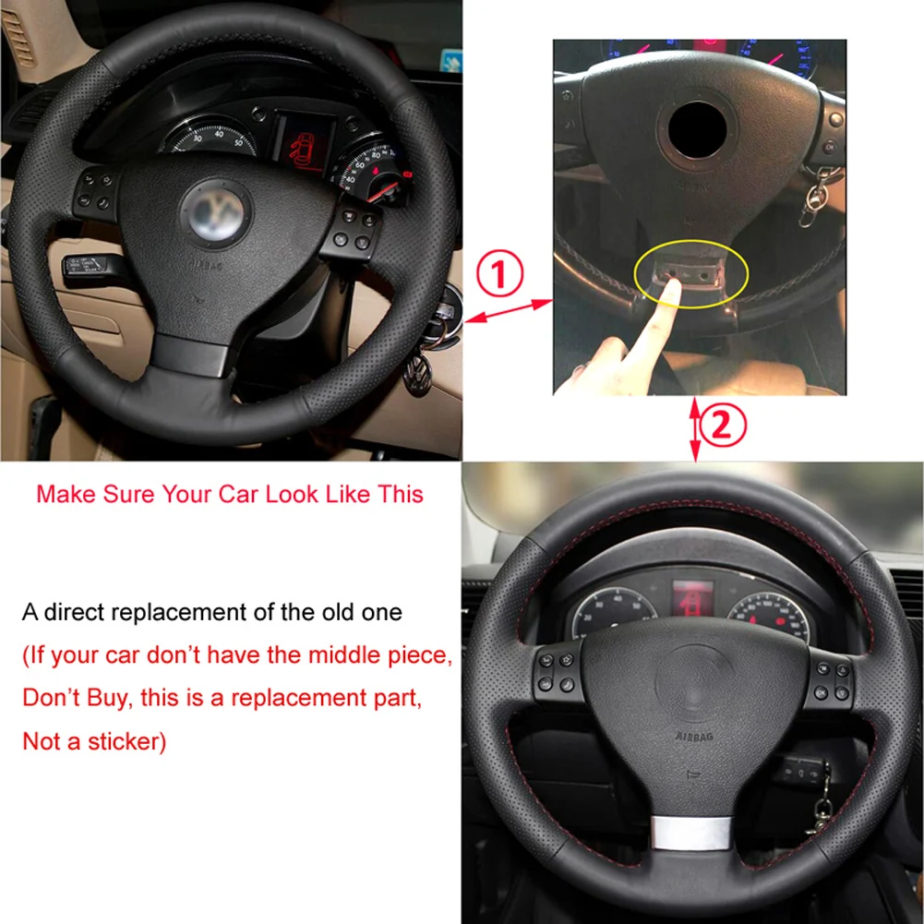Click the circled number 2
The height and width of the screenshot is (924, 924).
pos(724,426)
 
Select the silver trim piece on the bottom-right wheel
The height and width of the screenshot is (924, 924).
pos(691,834)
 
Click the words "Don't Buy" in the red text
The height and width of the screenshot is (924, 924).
pos(76,698)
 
